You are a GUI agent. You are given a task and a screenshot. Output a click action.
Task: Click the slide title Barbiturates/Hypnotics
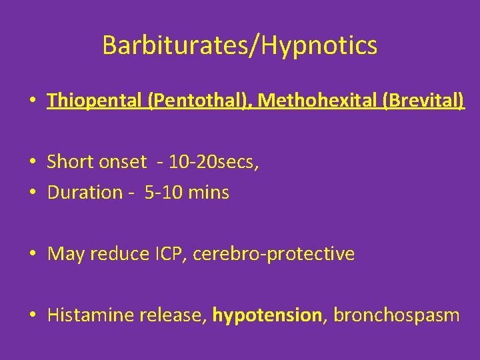(x=240, y=46)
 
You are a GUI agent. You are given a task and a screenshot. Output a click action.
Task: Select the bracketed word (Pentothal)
(x=200, y=101)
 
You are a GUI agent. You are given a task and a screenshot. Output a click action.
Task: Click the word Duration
(x=85, y=193)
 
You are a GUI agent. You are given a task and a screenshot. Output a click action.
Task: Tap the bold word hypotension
(x=267, y=315)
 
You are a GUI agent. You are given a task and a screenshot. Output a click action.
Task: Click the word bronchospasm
(x=396, y=315)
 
